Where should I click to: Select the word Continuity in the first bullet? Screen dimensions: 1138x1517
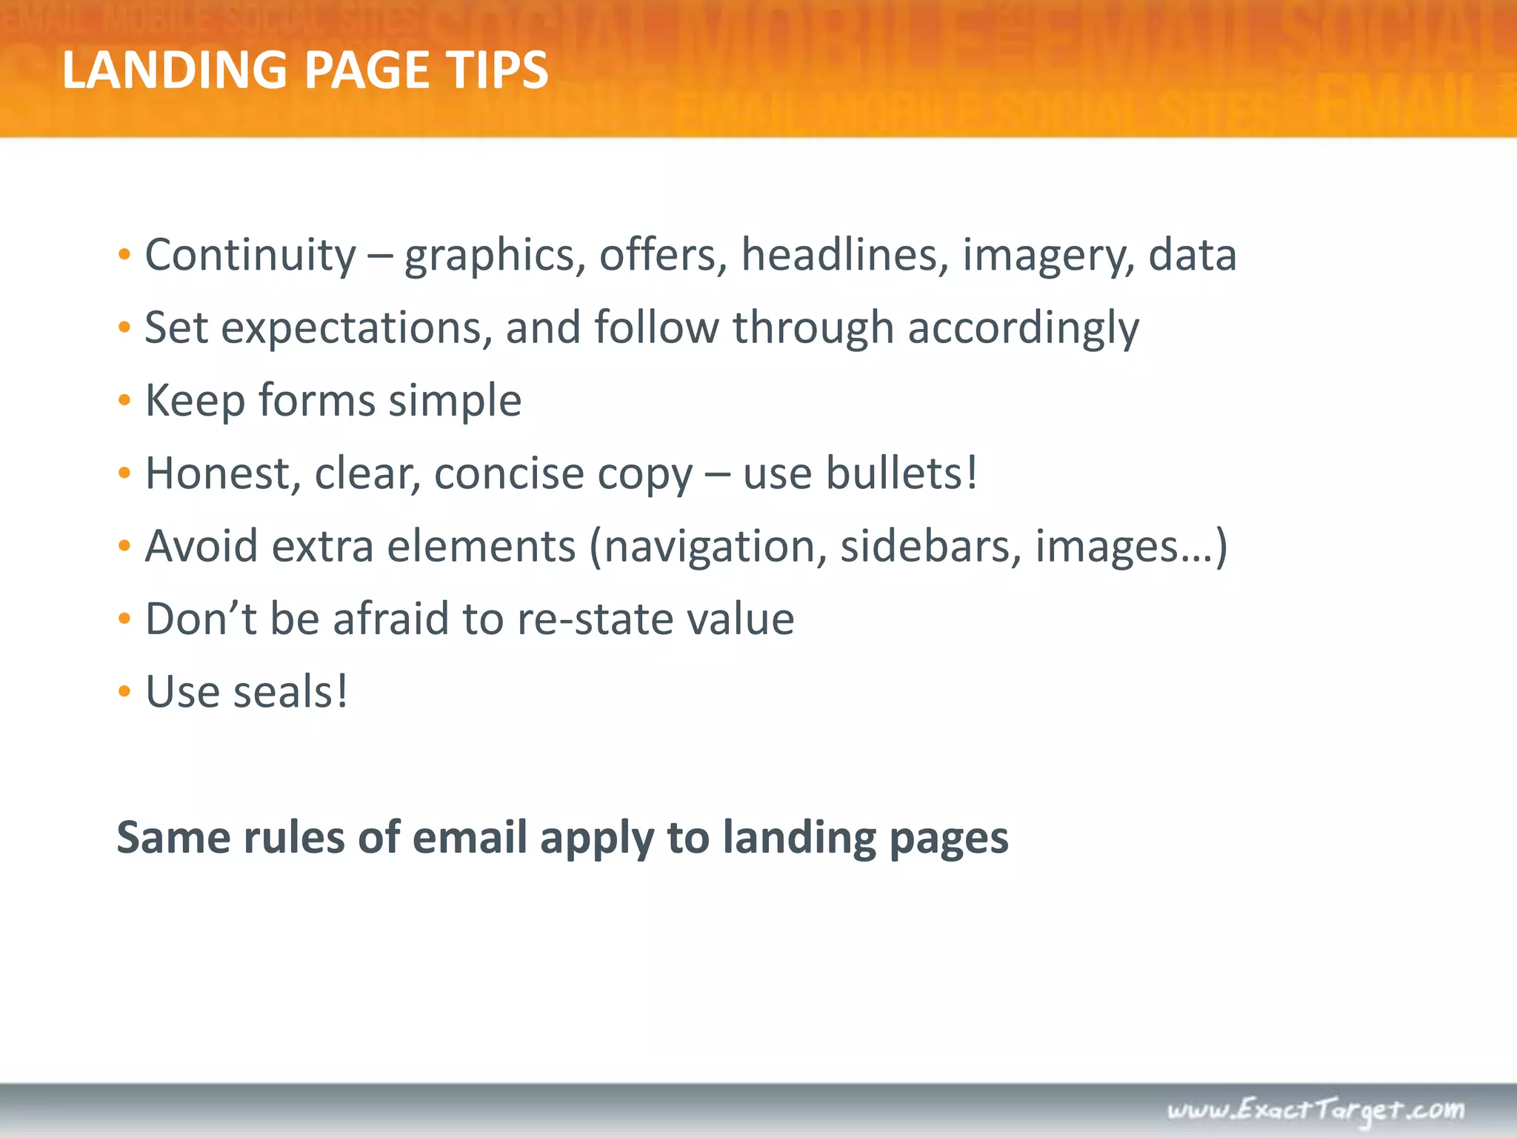pyautogui.click(x=250, y=256)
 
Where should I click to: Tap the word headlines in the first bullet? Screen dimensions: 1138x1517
pyautogui.click(x=844, y=256)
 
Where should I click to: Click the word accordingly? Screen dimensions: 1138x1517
pyautogui.click(x=1024, y=328)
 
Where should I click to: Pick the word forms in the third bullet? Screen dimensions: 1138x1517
pyautogui.click(x=317, y=401)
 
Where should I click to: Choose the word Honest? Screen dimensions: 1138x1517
pyautogui.click(x=223, y=473)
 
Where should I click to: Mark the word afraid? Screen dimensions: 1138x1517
pyautogui.click(x=391, y=619)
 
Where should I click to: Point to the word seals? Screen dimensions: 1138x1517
pyautogui.click(x=290, y=692)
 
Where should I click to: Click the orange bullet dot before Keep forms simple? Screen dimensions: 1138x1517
pyautogui.click(x=124, y=401)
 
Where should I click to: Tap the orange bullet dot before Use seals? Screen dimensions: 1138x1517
pyautogui.click(x=124, y=692)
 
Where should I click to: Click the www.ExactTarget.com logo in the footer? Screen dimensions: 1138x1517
pyautogui.click(x=1316, y=1109)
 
